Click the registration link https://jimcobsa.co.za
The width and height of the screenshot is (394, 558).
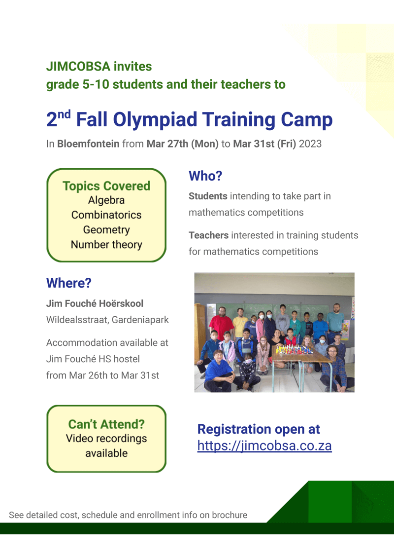[264, 446]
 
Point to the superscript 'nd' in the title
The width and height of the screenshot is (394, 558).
[64, 114]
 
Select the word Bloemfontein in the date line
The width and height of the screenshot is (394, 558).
[88, 144]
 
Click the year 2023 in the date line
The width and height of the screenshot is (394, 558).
[310, 144]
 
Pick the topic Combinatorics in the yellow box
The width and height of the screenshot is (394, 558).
[106, 215]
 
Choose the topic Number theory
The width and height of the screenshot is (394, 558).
[106, 245]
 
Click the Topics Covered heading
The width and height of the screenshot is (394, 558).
[106, 186]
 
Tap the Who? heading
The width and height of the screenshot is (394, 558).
[205, 176]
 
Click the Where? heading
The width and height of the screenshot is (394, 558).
[69, 283]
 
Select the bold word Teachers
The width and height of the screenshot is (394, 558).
[208, 235]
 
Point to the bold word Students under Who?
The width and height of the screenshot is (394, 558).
[208, 196]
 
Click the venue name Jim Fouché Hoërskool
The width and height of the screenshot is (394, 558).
[95, 303]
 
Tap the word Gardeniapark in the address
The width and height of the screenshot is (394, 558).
[140, 320]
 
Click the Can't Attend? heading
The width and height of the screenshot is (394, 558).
[106, 424]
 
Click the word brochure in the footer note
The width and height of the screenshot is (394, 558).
[230, 515]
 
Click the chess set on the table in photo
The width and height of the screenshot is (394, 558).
[295, 349]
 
